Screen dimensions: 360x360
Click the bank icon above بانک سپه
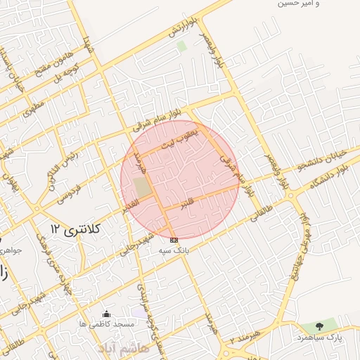(174, 240)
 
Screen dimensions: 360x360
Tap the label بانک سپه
(174, 250)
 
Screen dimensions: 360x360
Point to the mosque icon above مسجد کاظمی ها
(106, 314)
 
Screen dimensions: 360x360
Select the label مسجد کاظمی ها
(107, 324)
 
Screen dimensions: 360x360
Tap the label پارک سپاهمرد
(328, 337)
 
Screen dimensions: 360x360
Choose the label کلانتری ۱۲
(75, 229)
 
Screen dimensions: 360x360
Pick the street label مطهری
(33, 108)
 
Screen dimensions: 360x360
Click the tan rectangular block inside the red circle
(142, 188)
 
